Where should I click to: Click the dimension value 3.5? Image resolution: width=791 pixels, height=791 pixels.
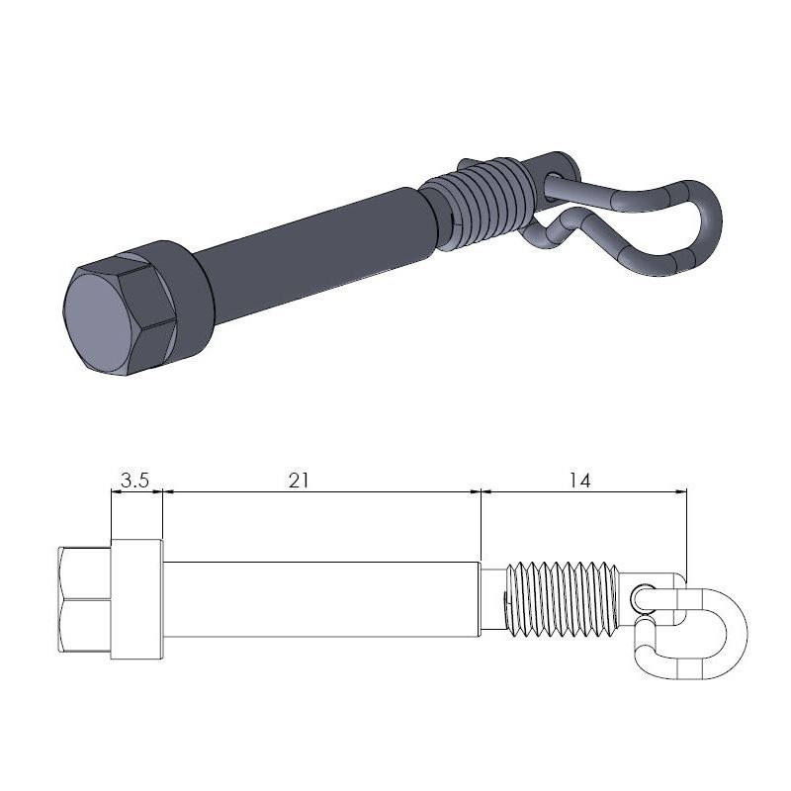tap(134, 481)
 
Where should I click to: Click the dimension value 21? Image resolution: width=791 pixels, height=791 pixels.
tap(300, 481)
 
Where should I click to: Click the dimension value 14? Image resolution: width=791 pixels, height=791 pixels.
tap(579, 481)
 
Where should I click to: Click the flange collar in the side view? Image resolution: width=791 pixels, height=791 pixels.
tap(136, 599)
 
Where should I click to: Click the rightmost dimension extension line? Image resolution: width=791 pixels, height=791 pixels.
tap(686, 529)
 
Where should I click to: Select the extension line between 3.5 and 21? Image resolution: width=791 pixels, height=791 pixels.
tap(162, 514)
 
